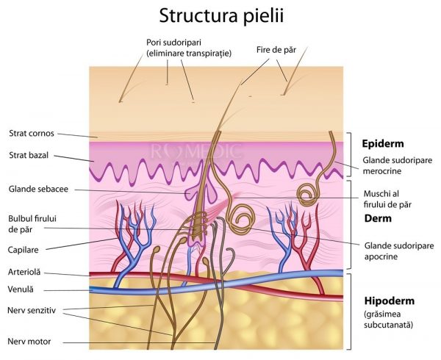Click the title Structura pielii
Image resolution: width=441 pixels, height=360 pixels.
220,15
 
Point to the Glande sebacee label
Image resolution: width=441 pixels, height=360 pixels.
38,189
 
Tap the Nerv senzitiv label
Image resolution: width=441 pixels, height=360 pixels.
32,309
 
